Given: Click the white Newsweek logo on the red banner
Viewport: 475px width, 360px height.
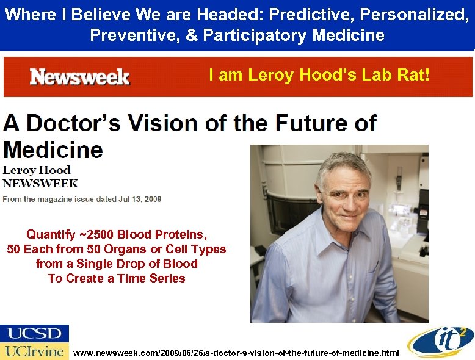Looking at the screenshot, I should [x=79, y=77].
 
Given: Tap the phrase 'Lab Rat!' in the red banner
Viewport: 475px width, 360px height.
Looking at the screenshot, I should [x=400, y=75].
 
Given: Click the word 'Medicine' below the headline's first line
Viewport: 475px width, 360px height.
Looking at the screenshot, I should [x=53, y=149].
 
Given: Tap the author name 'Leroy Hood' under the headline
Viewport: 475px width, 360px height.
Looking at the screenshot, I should [x=37, y=170].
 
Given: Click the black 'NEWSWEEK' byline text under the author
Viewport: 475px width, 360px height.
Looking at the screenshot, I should [x=41, y=183].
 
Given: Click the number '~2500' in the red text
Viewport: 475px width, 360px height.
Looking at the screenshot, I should [x=95, y=234].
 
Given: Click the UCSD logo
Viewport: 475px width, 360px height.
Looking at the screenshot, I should [x=35, y=333].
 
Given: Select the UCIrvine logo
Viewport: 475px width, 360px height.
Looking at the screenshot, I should [x=35, y=351].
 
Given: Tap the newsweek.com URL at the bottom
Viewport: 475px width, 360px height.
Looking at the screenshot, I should [x=236, y=353].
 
